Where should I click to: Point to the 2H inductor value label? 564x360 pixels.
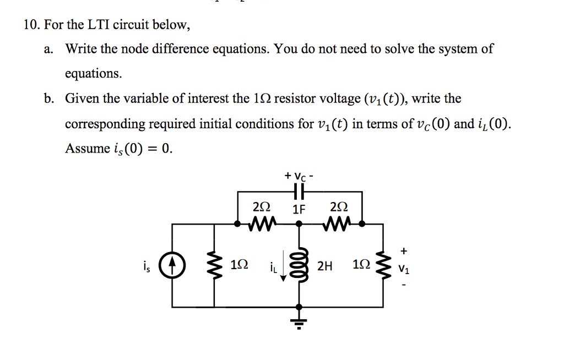tap(325, 266)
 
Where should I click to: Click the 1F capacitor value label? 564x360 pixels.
tap(299, 209)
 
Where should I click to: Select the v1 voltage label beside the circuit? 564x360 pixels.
tap(405, 270)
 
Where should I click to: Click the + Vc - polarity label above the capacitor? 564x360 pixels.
tap(299, 176)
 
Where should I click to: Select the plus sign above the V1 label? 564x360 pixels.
tap(405, 250)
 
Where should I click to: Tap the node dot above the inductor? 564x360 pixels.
tap(299, 224)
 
